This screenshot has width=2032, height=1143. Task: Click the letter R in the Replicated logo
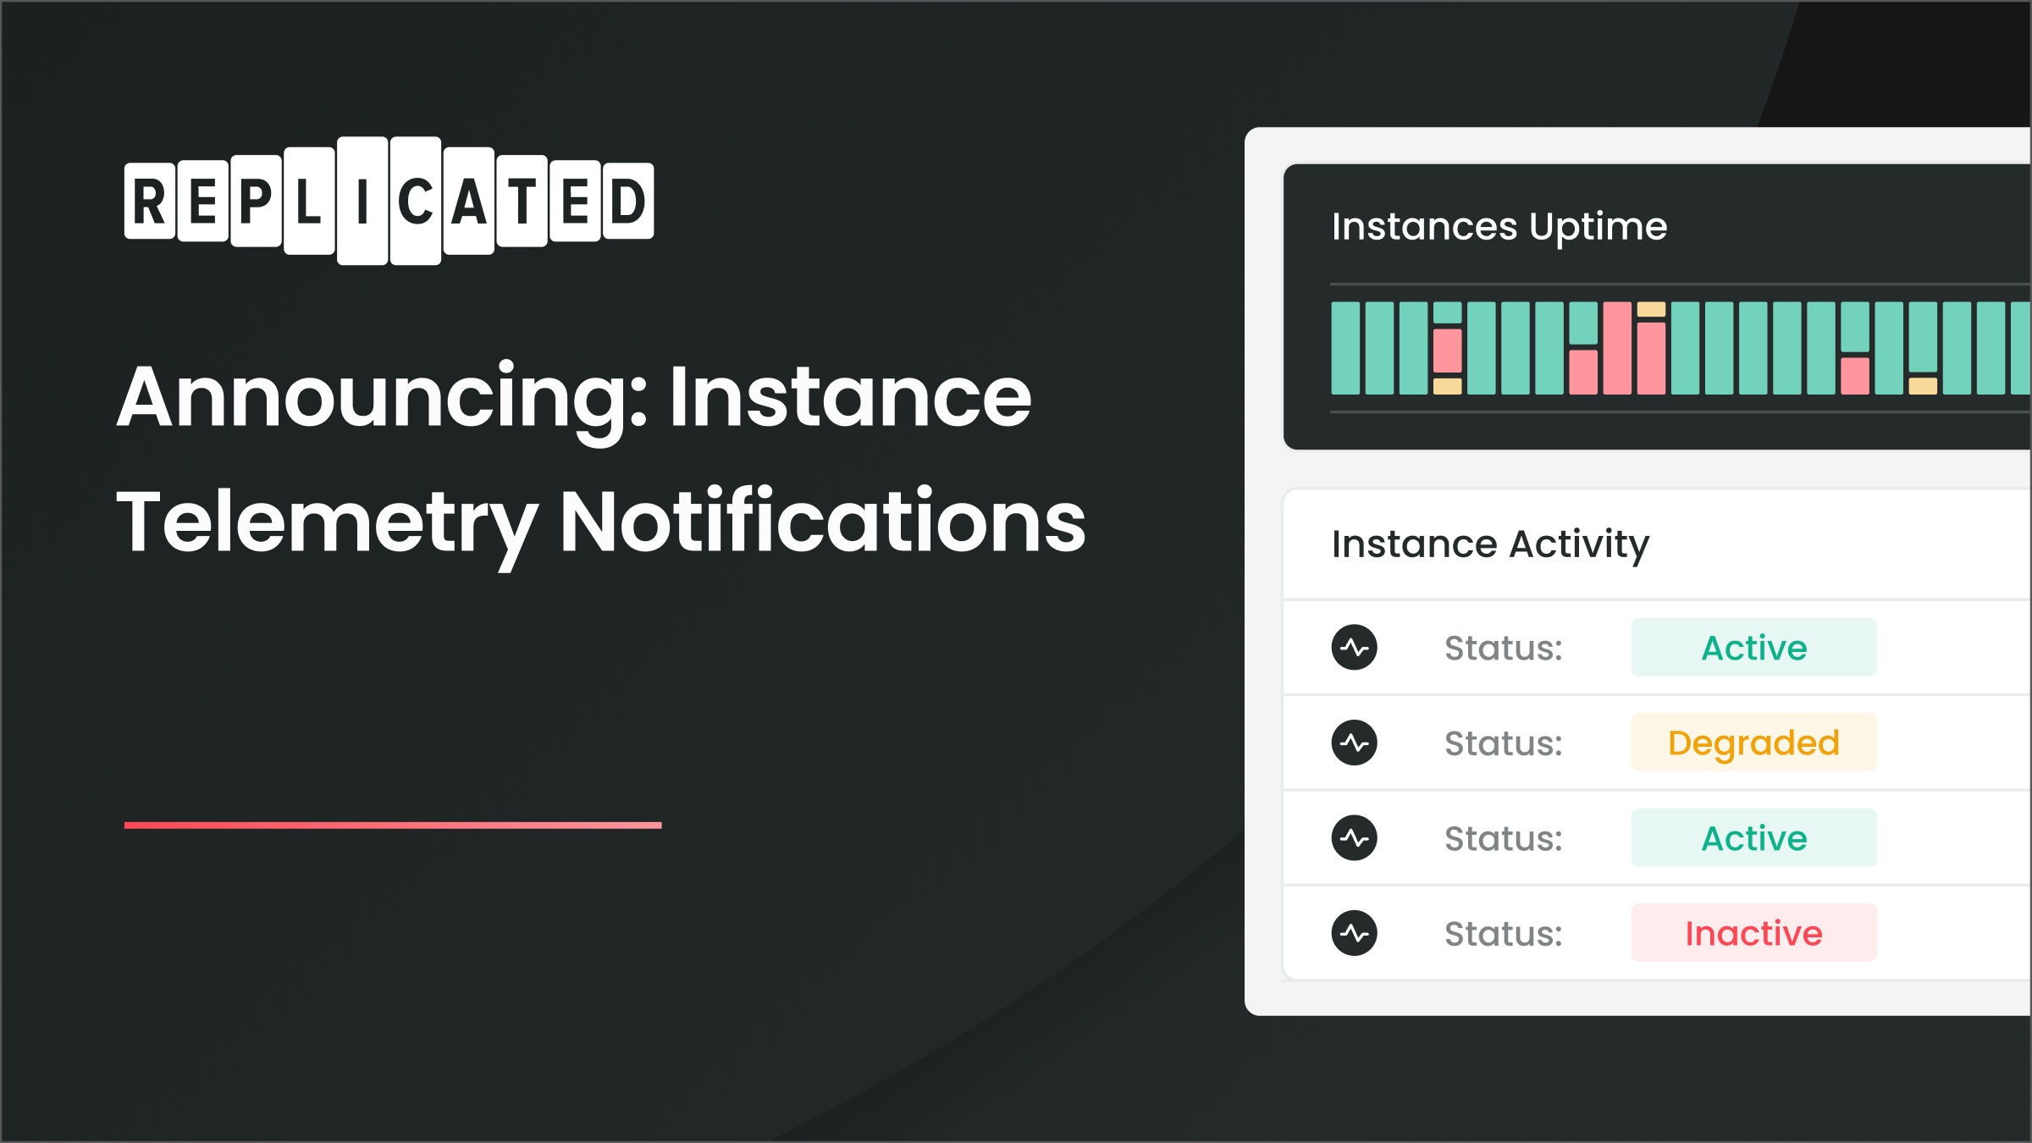[x=150, y=202]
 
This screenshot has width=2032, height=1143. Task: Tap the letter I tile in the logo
[x=362, y=202]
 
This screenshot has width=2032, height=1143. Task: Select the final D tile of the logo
[x=627, y=202]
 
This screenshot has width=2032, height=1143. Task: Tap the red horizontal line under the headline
[x=392, y=825]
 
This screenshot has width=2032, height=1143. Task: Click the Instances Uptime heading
[x=1499, y=227]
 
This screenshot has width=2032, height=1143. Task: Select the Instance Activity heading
[x=1490, y=544]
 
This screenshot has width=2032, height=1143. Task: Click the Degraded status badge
[x=1753, y=743]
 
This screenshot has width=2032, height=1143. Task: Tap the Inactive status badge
[x=1753, y=933]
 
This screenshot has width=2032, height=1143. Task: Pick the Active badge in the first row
[x=1753, y=648]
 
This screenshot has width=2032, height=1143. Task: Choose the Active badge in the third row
[x=1753, y=838]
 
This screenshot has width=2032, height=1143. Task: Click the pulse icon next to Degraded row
[x=1354, y=743]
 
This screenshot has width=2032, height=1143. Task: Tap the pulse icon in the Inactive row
[x=1354, y=933]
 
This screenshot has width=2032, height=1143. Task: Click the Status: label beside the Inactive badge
[x=1503, y=934]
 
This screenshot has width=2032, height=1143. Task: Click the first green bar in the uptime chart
[x=1345, y=348]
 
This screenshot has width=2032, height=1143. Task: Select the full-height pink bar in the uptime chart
[x=1616, y=348]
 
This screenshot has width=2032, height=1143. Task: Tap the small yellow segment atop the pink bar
[x=1650, y=309]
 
